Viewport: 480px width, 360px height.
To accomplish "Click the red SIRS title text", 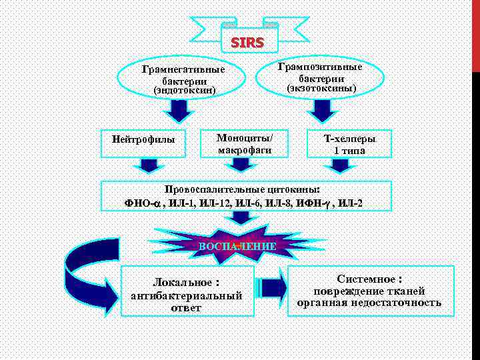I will pos(247,43).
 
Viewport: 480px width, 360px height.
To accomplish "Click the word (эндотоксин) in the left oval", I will pos(184,89).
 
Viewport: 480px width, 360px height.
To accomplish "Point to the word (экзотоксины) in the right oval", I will pos(321,88).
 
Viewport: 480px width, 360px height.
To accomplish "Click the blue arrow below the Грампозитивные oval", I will pos(323,108).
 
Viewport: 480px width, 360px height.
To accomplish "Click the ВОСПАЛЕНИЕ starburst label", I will pos(238,246).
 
